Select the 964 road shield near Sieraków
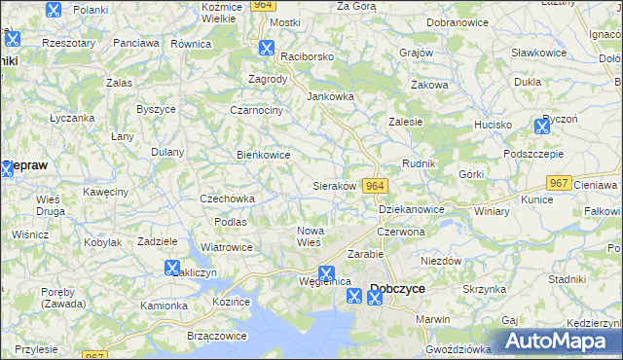click(376, 186)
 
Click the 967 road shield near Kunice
click(559, 183)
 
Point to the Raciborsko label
click(306, 56)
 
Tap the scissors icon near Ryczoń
click(542, 126)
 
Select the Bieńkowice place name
click(264, 154)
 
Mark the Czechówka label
click(227, 198)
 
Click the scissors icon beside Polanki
click(54, 11)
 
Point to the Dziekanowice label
click(411, 209)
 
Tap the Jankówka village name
click(331, 96)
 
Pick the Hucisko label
click(493, 125)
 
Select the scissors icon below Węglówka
click(353, 297)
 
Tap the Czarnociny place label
click(256, 110)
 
